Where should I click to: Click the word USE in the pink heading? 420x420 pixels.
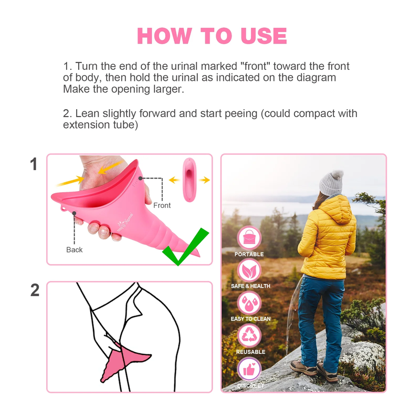click(264, 36)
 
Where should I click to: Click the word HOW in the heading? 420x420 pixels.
click(164, 36)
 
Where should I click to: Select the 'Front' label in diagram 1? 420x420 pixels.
click(162, 205)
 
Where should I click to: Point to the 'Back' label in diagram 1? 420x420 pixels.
click(74, 250)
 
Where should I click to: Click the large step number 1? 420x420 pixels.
click(34, 164)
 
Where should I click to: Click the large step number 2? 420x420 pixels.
click(35, 290)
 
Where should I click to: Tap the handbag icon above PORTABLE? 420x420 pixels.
click(249, 238)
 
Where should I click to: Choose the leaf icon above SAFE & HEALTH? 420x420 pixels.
click(249, 270)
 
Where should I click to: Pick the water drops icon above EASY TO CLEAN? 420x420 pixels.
click(249, 303)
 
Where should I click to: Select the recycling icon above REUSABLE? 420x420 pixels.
click(249, 336)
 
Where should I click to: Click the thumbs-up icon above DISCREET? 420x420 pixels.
click(249, 369)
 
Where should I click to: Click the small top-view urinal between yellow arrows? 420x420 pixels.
click(190, 180)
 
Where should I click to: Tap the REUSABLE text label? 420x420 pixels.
click(250, 352)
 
